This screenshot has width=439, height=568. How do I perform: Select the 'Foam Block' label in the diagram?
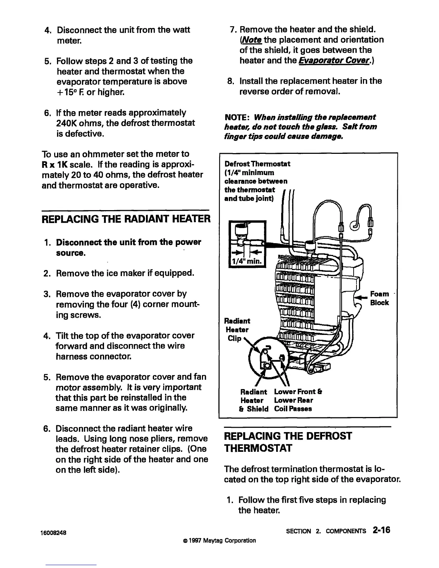(379, 298)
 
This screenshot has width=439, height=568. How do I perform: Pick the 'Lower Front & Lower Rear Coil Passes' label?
(298, 400)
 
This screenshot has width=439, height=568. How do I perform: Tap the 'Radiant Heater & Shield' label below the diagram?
(254, 400)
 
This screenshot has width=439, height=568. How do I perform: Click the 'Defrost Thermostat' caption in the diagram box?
(257, 164)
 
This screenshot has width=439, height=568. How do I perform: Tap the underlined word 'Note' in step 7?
(251, 39)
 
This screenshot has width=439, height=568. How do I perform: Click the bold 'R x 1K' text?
(53, 165)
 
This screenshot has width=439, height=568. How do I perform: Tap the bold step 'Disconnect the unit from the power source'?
(128, 247)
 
